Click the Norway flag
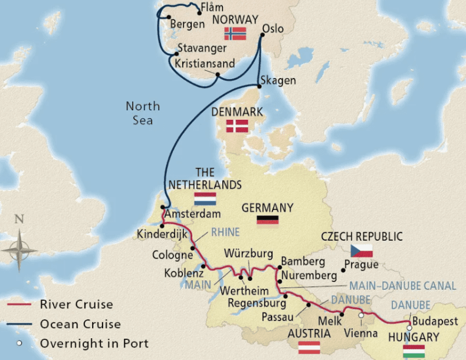[235, 34]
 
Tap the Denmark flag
[238, 126]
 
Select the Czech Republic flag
[362, 250]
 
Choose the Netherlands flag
[205, 198]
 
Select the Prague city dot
[343, 271]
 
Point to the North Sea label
[142, 113]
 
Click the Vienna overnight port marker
[361, 316]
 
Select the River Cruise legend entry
[76, 305]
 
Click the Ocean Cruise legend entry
[80, 324]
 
